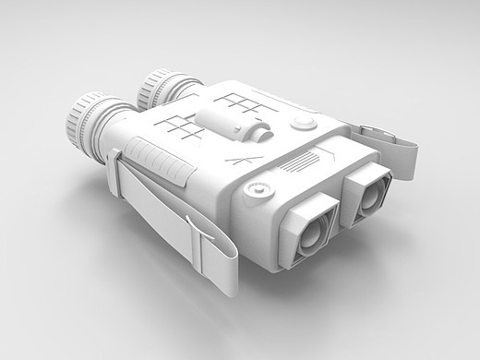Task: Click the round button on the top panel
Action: tap(301, 125)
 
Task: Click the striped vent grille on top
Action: tap(298, 165)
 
